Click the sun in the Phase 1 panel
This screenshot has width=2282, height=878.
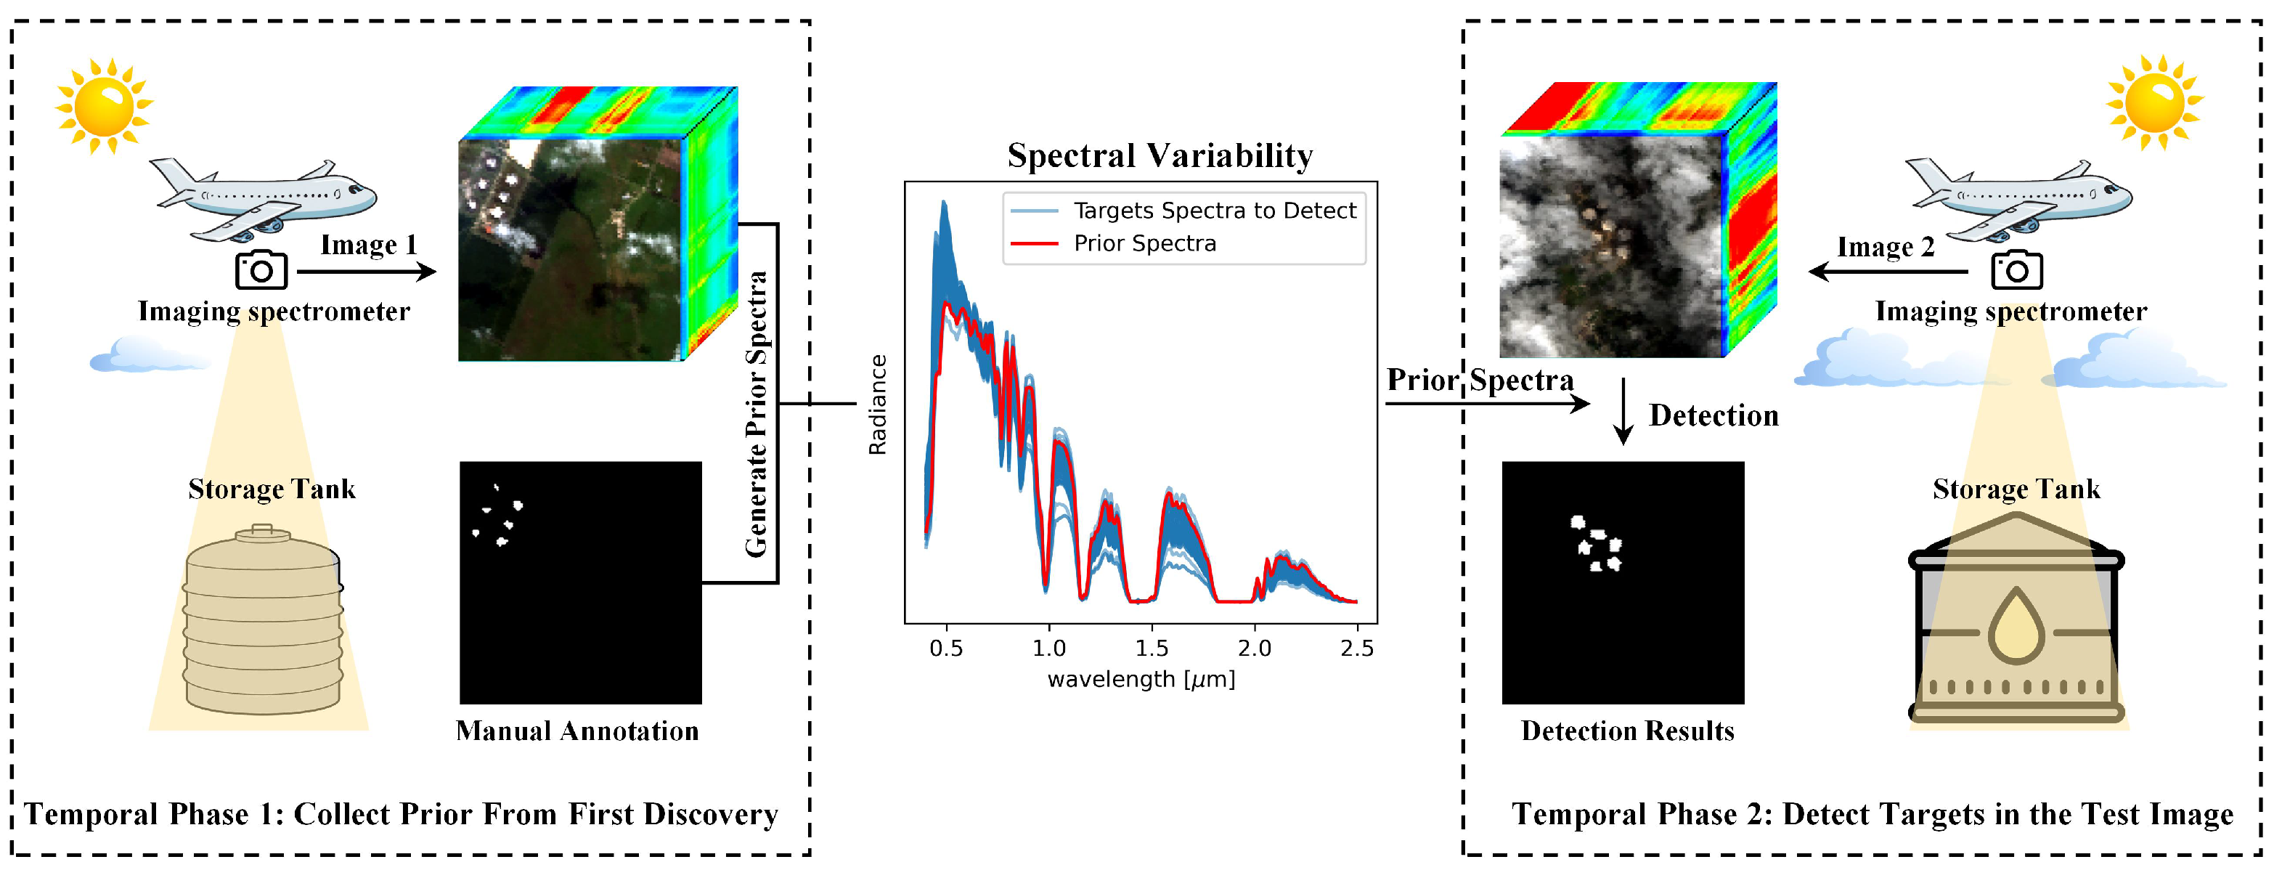coord(103,105)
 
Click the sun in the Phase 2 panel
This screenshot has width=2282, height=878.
coord(2153,102)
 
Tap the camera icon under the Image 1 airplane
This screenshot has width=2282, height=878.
coord(261,270)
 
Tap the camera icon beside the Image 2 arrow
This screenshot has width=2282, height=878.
coord(2016,270)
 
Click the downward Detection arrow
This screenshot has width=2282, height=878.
coord(1622,411)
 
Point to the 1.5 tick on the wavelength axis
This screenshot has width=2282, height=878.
coord(1152,648)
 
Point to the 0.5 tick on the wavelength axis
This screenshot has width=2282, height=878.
coord(946,648)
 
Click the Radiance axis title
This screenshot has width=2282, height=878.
coord(877,405)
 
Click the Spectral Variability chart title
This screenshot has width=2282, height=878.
coord(1160,156)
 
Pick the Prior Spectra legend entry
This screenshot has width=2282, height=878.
coord(1144,243)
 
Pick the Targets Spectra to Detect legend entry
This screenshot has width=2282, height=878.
coord(1214,211)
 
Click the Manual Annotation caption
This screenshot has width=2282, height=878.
coord(576,731)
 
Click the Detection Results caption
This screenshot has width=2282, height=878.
coord(1626,731)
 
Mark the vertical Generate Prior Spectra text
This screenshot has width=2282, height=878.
coord(756,414)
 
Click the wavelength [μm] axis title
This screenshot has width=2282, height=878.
coord(1141,680)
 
